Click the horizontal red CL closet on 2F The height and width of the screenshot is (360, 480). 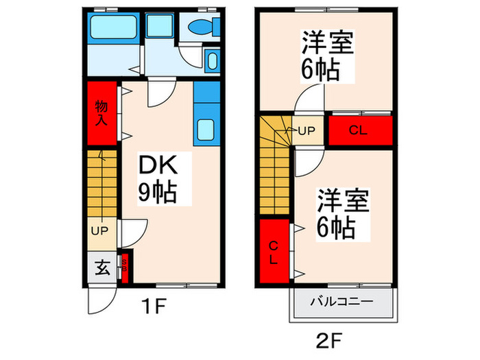click(360, 130)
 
